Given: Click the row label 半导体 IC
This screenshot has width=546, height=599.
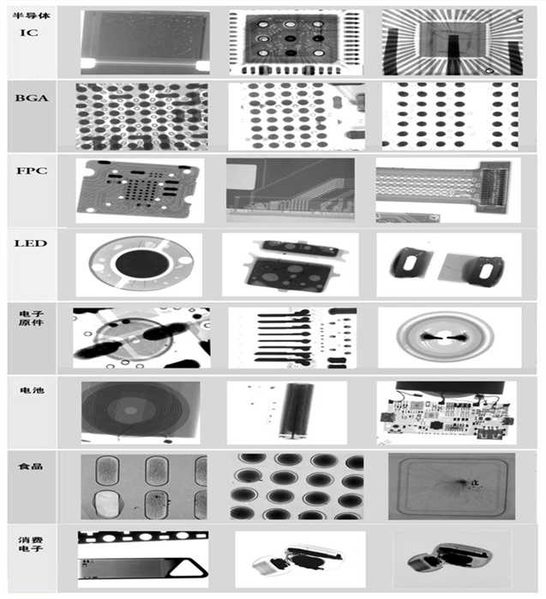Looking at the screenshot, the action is [31, 24].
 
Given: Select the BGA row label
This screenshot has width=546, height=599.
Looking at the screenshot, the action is [32, 99].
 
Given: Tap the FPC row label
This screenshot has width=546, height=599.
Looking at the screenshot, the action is [32, 171].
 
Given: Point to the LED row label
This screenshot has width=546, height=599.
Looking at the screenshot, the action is [31, 243].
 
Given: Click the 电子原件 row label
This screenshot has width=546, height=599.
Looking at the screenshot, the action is [32, 318].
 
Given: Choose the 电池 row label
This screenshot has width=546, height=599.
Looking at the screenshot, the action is [32, 390].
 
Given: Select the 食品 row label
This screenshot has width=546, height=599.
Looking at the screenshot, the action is [31, 466].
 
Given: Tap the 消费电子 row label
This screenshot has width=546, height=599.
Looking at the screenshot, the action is [31, 544].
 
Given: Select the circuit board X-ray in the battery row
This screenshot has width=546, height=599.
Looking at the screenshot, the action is [447, 413].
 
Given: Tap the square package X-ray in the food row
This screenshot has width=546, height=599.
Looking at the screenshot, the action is [452, 486].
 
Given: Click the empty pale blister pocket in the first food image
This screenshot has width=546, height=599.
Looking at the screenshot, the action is [107, 504].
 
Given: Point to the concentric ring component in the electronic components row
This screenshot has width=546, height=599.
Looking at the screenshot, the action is [444, 337].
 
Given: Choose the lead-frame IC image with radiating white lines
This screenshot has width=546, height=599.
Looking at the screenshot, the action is [453, 42].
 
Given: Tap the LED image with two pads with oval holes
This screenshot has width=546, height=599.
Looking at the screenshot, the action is [448, 264].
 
